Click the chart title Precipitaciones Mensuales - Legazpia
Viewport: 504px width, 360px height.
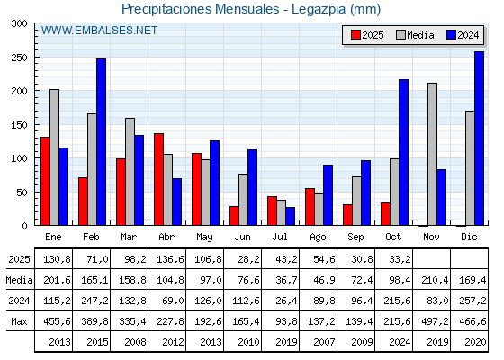click(251, 9)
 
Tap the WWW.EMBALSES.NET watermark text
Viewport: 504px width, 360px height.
click(100, 31)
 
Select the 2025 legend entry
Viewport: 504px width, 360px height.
click(367, 35)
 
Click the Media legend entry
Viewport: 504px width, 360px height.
click(416, 35)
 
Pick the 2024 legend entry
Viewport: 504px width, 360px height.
click(462, 35)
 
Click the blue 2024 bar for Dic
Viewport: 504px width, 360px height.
click(479, 139)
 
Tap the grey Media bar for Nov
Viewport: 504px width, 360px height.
click(432, 154)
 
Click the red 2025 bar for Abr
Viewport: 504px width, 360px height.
click(158, 179)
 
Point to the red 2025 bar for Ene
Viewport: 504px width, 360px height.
click(45, 181)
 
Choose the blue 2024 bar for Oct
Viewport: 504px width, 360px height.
click(403, 152)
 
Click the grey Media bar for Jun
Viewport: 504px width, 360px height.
click(243, 199)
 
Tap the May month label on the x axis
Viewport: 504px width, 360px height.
click(204, 237)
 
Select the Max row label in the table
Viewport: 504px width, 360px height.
click(19, 321)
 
